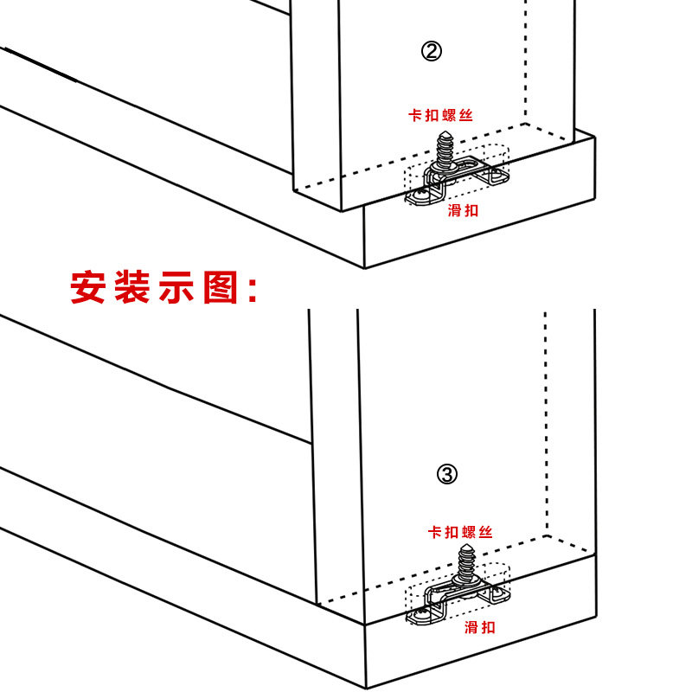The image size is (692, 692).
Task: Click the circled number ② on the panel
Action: coord(432,52)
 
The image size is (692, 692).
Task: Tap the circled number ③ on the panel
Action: coord(446,473)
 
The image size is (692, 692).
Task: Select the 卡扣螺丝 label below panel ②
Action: coord(440,114)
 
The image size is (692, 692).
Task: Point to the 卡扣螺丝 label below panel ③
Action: coord(459,532)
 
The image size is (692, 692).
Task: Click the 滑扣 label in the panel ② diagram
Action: coord(463,210)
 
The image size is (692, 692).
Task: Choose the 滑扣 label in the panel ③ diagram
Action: coord(480,627)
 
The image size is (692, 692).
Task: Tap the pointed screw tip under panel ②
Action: coord(446,132)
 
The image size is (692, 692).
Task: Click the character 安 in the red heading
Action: coord(87,288)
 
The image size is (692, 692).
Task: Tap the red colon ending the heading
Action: coord(253,290)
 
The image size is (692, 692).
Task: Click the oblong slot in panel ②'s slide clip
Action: coord(470,165)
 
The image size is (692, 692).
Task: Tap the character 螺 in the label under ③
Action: coord(470,532)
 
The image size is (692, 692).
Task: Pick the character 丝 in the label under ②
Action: coord(466,114)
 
